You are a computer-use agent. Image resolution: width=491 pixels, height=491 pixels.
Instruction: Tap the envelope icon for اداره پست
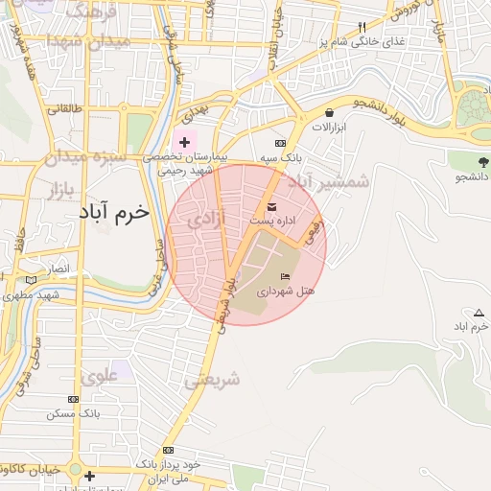[x=270, y=207]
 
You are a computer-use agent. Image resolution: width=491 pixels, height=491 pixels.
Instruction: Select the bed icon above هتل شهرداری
[x=285, y=276]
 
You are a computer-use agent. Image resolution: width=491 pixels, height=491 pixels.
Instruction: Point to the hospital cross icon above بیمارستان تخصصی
[x=184, y=142]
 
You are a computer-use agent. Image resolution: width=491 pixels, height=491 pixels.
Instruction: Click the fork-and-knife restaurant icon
[x=362, y=28]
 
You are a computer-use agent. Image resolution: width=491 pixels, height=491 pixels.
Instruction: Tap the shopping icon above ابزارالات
[x=330, y=112]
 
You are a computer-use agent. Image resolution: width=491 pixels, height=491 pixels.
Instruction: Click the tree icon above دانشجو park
[x=481, y=161]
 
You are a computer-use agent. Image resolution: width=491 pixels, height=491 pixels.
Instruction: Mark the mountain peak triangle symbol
[x=479, y=313]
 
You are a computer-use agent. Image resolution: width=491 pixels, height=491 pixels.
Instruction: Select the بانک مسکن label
[x=73, y=414]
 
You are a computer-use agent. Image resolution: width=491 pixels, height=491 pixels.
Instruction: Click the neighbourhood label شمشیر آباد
[x=330, y=180]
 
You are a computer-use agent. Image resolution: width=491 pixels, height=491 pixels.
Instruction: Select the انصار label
[x=59, y=269]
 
